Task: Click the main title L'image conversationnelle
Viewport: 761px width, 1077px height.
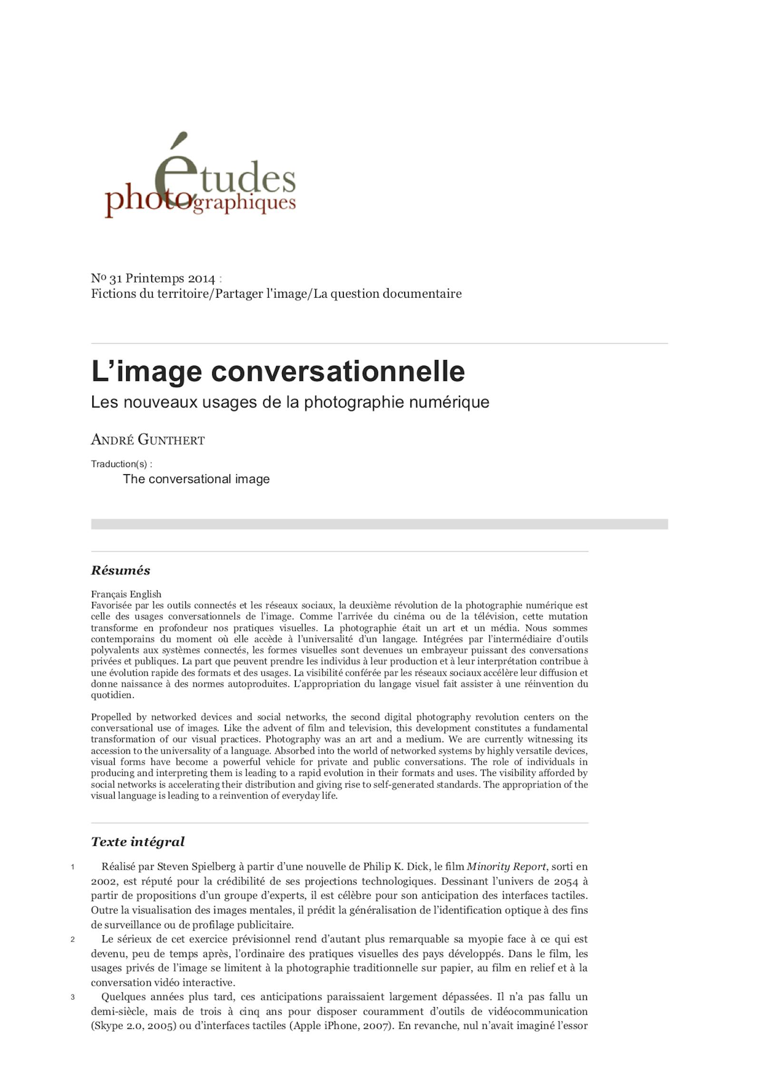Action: [278, 371]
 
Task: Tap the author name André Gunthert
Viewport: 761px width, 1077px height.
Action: [147, 440]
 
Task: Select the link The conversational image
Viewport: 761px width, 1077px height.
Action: [196, 479]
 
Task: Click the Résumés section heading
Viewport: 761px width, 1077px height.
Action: [120, 571]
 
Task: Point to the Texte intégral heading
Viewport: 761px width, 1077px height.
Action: [137, 842]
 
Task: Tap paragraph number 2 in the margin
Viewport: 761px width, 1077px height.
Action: [73, 940]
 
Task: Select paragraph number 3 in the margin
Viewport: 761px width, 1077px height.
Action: [73, 997]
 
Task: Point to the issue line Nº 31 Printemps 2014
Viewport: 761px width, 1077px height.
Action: [153, 279]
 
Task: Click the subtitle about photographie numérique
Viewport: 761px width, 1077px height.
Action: [290, 402]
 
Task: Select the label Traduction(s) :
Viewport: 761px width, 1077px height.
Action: [121, 464]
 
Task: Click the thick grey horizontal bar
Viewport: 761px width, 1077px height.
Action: [379, 524]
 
